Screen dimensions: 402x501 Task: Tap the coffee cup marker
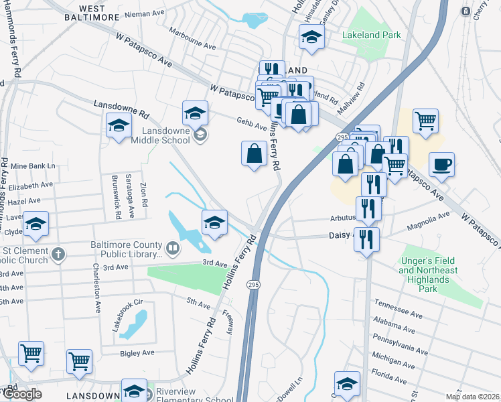[x=441, y=164]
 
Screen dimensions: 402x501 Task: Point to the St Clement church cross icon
[x=59, y=254]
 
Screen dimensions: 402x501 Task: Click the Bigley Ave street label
[x=137, y=352]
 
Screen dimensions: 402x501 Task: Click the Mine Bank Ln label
[x=32, y=165]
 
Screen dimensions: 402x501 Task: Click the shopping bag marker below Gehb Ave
[x=255, y=154]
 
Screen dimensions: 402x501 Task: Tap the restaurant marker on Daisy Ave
[x=366, y=240]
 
